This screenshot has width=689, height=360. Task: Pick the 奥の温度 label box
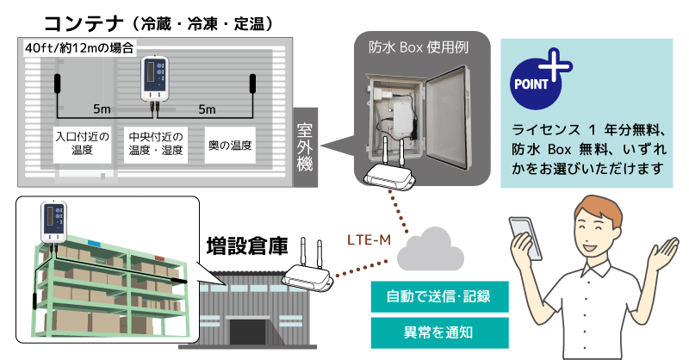point(230,144)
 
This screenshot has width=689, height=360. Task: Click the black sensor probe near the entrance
point(58,85)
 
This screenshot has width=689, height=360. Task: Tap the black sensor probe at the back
point(253,84)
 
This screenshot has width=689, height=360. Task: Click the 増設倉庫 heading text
point(243,245)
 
